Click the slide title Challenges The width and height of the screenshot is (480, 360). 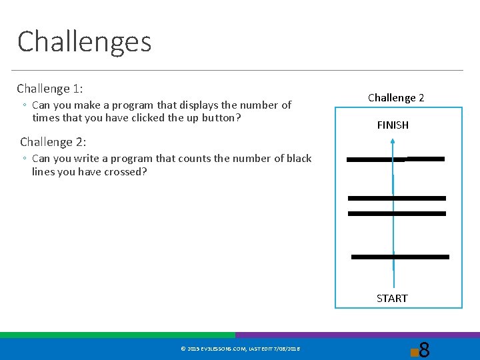85,41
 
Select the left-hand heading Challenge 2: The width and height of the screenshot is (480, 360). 53,142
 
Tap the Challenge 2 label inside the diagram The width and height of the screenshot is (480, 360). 396,98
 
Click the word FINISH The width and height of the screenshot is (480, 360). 393,125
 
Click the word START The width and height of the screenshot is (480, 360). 392,298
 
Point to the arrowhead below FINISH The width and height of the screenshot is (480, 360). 393,141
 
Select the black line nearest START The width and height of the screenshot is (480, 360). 400,257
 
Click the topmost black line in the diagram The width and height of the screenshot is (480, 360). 396,159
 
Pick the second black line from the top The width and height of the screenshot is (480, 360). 397,198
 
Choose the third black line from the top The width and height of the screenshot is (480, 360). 397,213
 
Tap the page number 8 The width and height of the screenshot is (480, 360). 424,349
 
